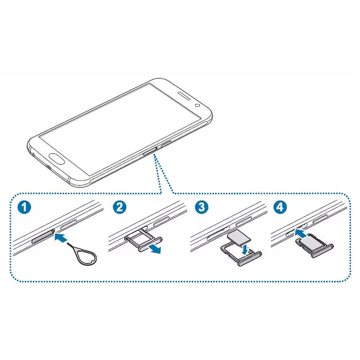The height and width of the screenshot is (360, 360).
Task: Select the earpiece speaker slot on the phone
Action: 185,97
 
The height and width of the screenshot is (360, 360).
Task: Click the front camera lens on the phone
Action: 199,105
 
